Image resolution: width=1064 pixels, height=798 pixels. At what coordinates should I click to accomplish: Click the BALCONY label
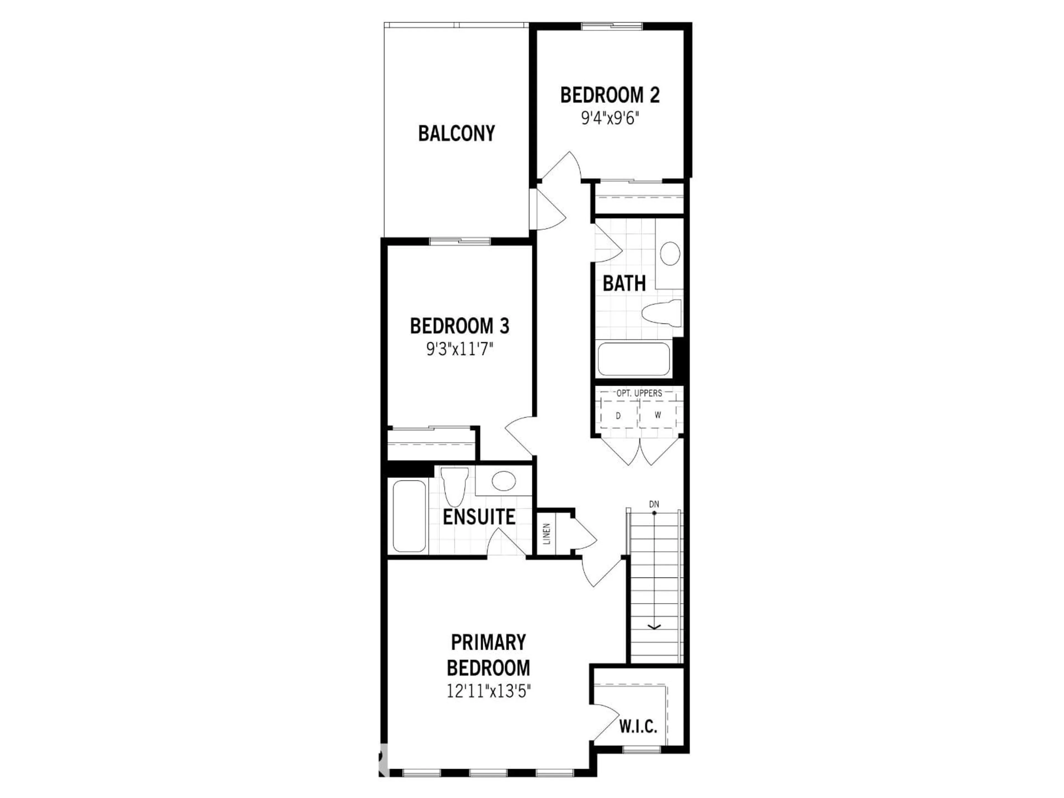pyautogui.click(x=456, y=133)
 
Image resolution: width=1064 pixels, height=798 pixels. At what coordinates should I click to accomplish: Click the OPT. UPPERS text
pyautogui.click(x=639, y=393)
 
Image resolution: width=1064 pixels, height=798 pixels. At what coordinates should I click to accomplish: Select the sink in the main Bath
pyautogui.click(x=669, y=254)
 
